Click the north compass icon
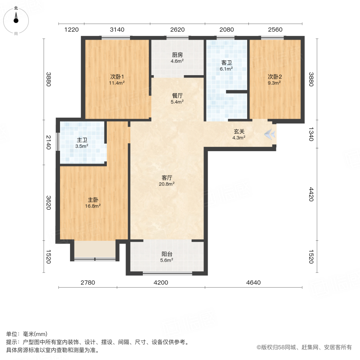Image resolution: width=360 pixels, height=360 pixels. (x=16, y=19)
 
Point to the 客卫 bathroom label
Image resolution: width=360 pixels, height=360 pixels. (x=227, y=63)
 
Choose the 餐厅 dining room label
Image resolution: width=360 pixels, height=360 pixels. (x=177, y=96)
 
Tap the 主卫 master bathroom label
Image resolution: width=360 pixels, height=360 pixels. (x=82, y=140)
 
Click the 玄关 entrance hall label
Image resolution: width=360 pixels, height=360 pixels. (x=239, y=132)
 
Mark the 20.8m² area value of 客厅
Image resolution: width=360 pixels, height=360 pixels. (x=167, y=184)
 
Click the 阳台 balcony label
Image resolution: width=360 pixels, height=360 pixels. (x=167, y=254)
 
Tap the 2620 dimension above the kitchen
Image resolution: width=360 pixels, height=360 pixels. (x=177, y=30)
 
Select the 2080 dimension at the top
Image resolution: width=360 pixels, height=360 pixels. (x=227, y=30)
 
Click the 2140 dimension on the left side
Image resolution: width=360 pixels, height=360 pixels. (x=48, y=142)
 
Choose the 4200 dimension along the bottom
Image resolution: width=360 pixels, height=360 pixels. (x=161, y=283)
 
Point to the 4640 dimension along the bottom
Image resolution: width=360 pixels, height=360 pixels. (x=253, y=283)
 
